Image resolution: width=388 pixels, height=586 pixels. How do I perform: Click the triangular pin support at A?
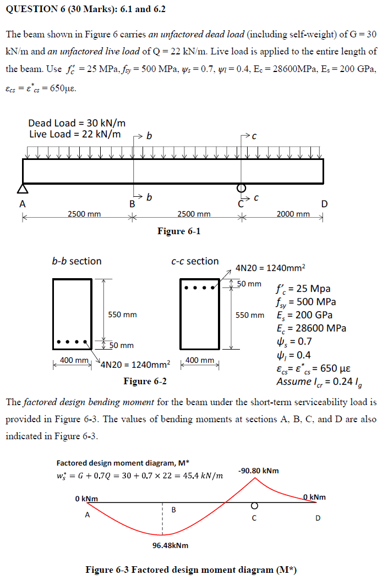(x=23, y=189)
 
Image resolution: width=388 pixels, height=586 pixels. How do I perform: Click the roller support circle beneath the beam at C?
(x=241, y=187)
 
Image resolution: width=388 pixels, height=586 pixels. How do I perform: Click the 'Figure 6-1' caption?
(x=179, y=231)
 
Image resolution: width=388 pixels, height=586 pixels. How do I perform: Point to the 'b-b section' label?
(x=76, y=261)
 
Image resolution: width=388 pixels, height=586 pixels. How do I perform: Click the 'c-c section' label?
(x=195, y=261)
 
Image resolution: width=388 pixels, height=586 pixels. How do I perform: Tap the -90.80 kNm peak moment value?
(x=258, y=471)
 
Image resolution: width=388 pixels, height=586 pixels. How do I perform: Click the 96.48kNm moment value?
(x=170, y=545)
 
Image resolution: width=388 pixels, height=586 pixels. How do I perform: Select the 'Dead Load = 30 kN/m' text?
(x=77, y=123)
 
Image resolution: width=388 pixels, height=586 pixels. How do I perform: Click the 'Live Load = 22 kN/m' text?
(x=75, y=134)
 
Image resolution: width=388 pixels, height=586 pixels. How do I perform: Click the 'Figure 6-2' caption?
(x=145, y=381)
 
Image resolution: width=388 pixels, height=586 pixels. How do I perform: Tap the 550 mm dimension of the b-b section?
(x=122, y=315)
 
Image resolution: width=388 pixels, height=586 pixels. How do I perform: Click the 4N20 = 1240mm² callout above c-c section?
(x=270, y=268)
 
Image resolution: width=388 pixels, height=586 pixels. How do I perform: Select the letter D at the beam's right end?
(x=324, y=204)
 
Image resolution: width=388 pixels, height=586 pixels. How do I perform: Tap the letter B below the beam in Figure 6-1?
(x=132, y=204)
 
